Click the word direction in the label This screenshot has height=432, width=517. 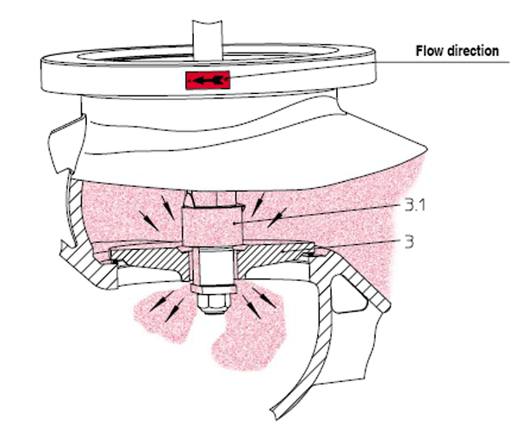[470, 51]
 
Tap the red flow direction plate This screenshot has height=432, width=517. [208, 80]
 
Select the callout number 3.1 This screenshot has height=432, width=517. [414, 205]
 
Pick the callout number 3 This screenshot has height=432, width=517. [408, 242]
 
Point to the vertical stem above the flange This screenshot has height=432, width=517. [208, 41]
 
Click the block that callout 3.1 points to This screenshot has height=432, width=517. [213, 227]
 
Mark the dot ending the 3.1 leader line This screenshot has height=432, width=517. [234, 223]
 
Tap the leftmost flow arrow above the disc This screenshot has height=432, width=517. [149, 221]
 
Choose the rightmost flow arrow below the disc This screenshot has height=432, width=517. [265, 297]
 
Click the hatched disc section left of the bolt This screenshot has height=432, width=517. [152, 260]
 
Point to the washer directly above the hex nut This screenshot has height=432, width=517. [214, 289]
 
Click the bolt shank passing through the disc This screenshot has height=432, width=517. [215, 266]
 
